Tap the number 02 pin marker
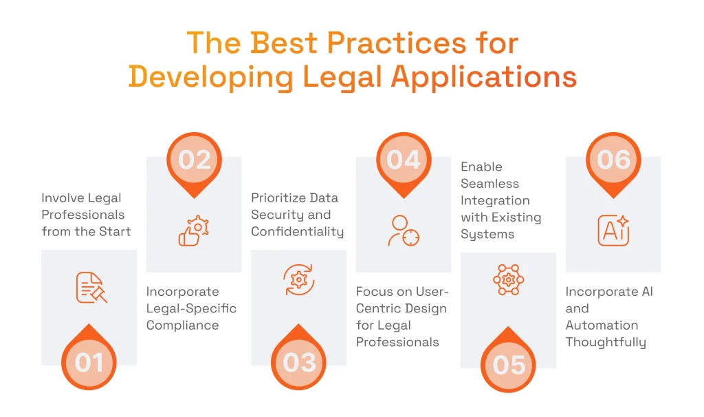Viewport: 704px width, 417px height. [194, 160]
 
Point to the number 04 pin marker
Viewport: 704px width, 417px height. [404, 160]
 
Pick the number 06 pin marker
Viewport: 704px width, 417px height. [613, 160]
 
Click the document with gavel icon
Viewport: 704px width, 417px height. [91, 288]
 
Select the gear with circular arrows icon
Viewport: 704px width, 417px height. [299, 280]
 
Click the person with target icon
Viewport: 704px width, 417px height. [403, 231]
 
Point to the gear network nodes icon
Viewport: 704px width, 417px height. [509, 280]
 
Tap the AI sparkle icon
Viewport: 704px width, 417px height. [613, 230]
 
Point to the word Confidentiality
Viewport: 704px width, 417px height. [297, 232]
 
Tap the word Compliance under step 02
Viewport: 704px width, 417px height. [182, 325]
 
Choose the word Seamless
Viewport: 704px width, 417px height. [489, 184]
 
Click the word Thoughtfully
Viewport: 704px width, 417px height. [606, 342]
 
